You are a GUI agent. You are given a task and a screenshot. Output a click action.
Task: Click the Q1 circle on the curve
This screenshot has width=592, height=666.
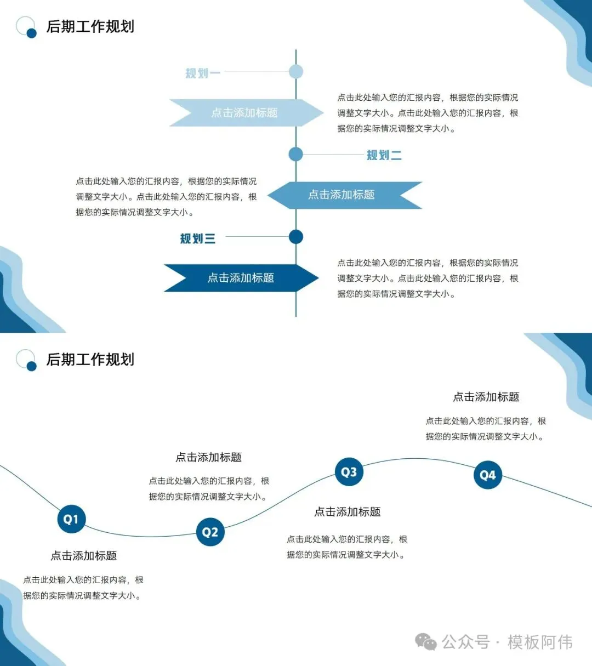71,519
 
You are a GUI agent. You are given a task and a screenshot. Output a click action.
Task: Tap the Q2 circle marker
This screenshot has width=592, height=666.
210,532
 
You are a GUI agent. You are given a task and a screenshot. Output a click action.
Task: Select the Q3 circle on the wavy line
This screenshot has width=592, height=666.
349,472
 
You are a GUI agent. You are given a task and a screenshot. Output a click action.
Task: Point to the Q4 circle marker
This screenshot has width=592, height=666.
487,475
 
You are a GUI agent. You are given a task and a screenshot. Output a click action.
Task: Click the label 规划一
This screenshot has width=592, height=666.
202,73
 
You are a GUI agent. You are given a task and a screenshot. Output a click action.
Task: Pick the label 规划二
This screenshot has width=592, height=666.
384,155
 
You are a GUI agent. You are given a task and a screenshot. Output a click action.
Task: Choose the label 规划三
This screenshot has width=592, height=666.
197,238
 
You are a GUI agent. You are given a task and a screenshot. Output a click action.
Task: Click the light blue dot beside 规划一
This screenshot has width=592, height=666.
296,71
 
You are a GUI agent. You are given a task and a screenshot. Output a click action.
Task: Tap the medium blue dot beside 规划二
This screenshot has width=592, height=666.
296,154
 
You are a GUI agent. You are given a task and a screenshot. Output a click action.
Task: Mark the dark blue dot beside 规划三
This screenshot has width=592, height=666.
296,237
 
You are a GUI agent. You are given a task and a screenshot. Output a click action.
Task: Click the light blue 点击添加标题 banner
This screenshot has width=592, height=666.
244,113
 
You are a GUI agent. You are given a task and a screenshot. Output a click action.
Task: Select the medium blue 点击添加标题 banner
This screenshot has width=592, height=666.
341,195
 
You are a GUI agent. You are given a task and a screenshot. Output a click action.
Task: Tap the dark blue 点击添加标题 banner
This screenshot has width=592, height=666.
241,278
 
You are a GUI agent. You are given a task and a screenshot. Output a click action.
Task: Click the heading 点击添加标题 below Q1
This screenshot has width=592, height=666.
84,556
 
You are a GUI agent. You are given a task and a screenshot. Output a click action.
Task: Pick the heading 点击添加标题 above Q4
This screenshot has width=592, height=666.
486,397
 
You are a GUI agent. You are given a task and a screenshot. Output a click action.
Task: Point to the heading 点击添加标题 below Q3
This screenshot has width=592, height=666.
348,512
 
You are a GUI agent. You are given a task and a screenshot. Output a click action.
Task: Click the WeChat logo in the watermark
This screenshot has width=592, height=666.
425,642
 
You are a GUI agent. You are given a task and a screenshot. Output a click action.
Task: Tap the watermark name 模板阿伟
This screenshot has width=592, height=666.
540,642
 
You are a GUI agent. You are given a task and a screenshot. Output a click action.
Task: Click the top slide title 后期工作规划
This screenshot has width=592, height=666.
90,26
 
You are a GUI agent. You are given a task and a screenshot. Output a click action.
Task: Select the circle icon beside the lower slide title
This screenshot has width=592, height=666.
26,360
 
